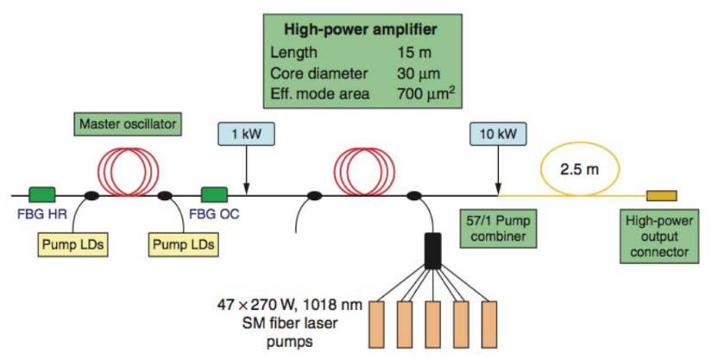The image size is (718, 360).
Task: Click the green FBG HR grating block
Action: [42, 194]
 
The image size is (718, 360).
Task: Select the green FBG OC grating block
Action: [215, 194]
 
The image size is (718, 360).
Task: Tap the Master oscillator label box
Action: [128, 124]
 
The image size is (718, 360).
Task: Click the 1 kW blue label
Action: [247, 134]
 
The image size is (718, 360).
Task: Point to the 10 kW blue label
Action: [498, 134]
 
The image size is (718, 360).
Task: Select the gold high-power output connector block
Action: [662, 196]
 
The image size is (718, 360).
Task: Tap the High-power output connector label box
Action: [659, 237]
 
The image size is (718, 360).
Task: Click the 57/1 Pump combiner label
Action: [498, 229]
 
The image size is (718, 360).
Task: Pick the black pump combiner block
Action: [432, 250]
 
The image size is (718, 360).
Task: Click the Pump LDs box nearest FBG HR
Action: [72, 244]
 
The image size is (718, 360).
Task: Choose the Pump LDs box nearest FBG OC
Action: [183, 244]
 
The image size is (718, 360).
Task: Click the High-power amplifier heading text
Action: [361, 29]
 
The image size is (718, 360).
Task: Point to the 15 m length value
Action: [414, 52]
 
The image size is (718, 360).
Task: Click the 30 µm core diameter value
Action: [419, 73]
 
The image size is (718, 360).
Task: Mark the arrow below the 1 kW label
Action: [247, 170]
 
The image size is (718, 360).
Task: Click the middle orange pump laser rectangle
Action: [432, 325]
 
